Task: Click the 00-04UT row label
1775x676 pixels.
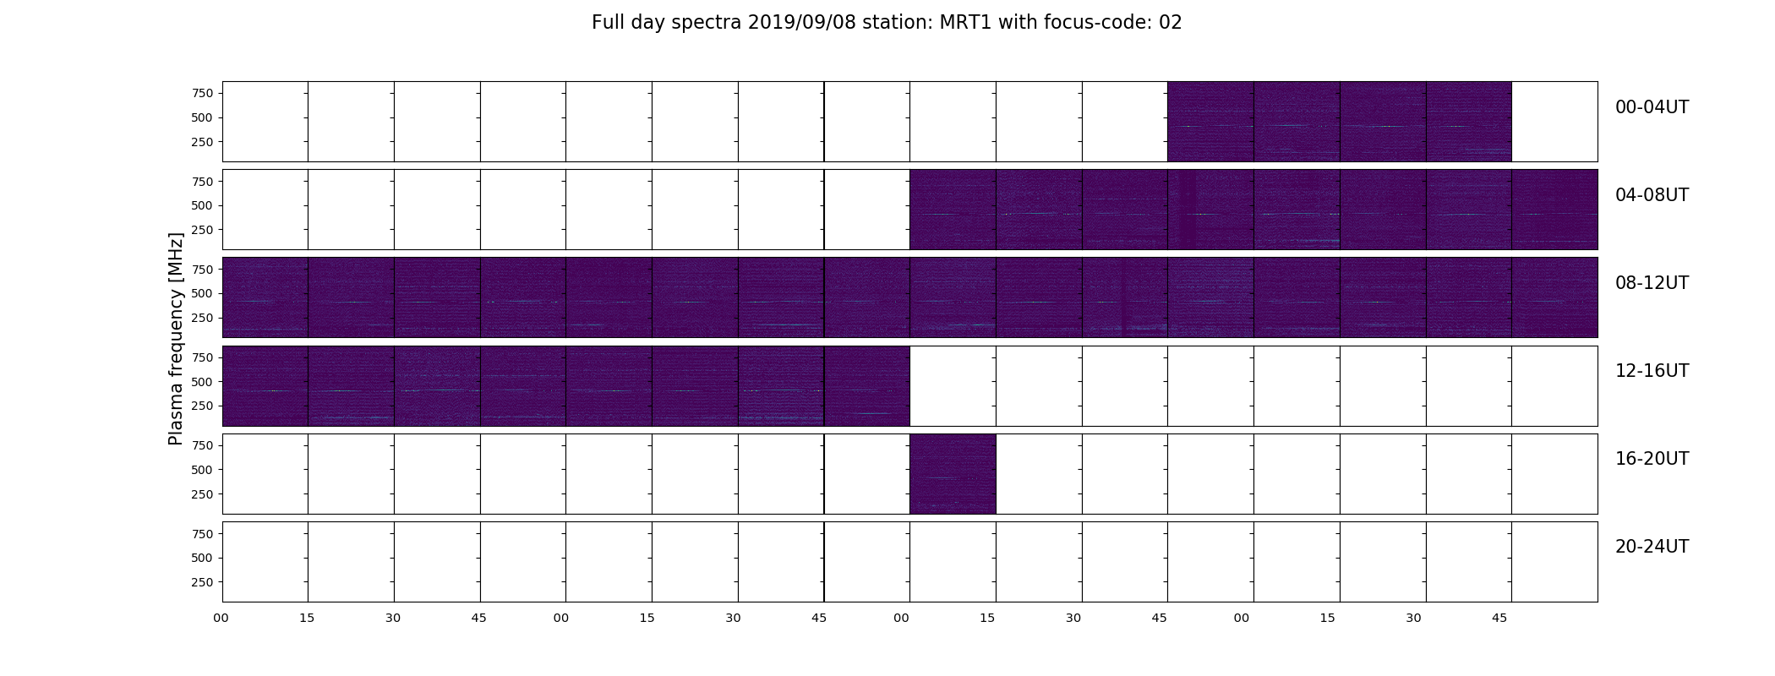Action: coord(1652,107)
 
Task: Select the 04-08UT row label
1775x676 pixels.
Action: coord(1652,195)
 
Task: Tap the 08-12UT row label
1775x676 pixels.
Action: coord(1652,283)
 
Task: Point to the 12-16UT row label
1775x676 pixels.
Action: coord(1652,371)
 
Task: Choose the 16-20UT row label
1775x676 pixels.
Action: coord(1652,459)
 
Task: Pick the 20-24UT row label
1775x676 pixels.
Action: coord(1652,547)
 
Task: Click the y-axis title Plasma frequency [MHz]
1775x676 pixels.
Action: coord(176,339)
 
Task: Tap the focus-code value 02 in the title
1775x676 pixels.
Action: coord(1171,23)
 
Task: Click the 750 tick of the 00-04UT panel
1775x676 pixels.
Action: coord(203,93)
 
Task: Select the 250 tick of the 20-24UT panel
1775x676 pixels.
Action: coord(203,582)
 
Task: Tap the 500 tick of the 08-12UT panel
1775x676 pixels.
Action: coord(203,293)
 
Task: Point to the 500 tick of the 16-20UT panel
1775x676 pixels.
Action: coord(203,470)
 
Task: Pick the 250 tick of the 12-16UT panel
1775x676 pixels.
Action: coord(203,406)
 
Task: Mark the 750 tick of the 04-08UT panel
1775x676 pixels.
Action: coord(203,181)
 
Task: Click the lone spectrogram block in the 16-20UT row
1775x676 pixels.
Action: coord(953,474)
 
